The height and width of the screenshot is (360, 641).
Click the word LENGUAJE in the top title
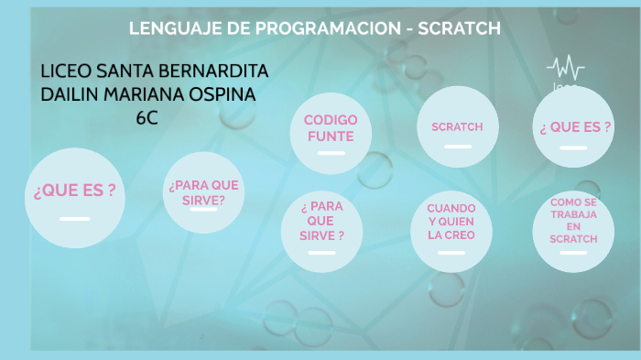tap(172, 28)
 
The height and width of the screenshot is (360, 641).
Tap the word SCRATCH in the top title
tap(459, 28)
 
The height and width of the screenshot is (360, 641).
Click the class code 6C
tap(147, 117)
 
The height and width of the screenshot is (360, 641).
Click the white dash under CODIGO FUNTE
tap(331, 153)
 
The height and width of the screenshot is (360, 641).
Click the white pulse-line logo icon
tap(566, 68)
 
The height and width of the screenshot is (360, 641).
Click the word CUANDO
tap(451, 208)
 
